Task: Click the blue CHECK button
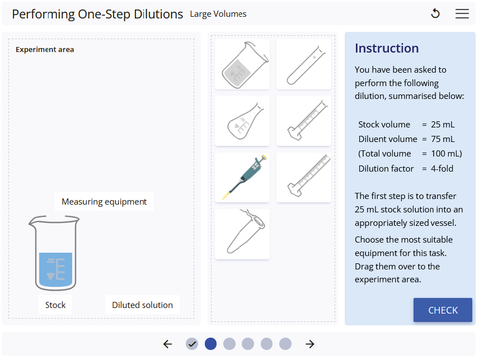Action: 443,310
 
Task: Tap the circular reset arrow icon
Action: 435,13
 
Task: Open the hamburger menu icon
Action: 462,13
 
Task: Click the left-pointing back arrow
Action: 167,344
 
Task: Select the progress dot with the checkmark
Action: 192,344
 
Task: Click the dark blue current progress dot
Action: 210,344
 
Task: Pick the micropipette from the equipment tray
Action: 242,177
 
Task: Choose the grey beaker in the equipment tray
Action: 242,64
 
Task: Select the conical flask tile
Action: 242,121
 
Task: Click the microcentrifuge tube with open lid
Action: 242,234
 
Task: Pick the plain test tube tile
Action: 304,64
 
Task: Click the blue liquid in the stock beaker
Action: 55,269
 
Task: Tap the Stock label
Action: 55,305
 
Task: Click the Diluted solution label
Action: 142,305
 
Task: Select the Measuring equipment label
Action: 104,201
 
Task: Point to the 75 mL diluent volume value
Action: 443,139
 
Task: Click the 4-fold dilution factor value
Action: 442,168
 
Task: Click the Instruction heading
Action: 387,48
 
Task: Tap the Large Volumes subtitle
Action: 218,14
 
